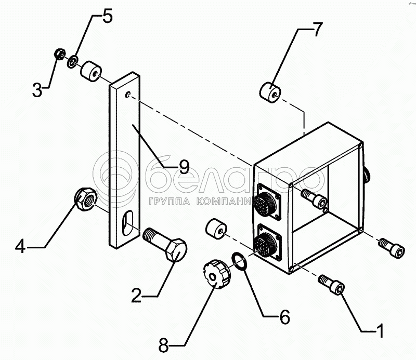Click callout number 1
pyautogui.click(x=380, y=330)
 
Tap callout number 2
pyautogui.click(x=136, y=297)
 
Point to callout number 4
pyautogui.click(x=20, y=246)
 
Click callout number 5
pyautogui.click(x=107, y=16)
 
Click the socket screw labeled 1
pyautogui.click(x=333, y=286)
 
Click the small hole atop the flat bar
pyautogui.click(x=128, y=95)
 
